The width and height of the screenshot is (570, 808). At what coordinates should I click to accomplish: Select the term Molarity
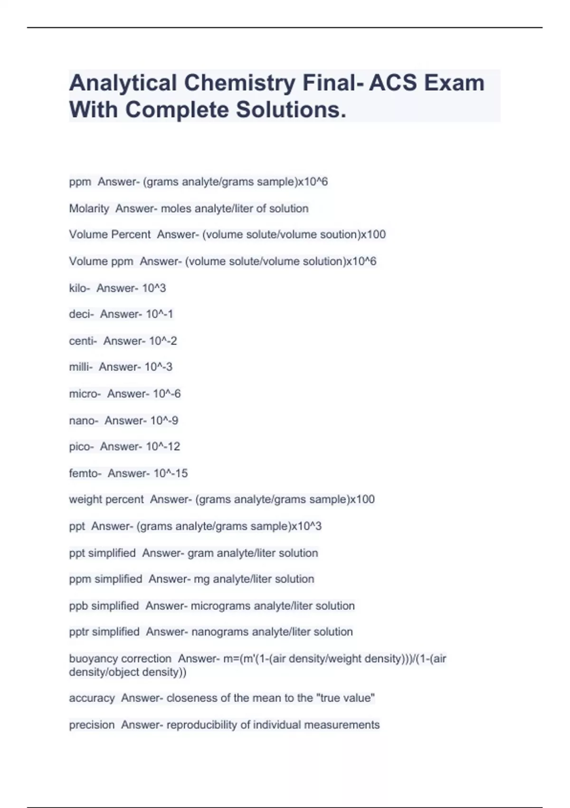tap(89, 209)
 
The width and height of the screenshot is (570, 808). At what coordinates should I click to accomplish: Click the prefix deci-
tap(81, 314)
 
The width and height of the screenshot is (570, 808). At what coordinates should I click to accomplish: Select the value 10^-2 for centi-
tap(163, 341)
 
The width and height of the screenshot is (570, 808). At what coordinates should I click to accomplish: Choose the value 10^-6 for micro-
tap(167, 394)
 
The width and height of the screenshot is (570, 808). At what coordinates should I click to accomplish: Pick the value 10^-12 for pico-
tap(163, 447)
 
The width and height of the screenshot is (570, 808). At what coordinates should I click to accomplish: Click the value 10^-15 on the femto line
tap(171, 473)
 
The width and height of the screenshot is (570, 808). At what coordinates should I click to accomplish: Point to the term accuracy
tap(92, 698)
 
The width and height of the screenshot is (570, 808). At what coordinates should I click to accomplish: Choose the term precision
tap(92, 725)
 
